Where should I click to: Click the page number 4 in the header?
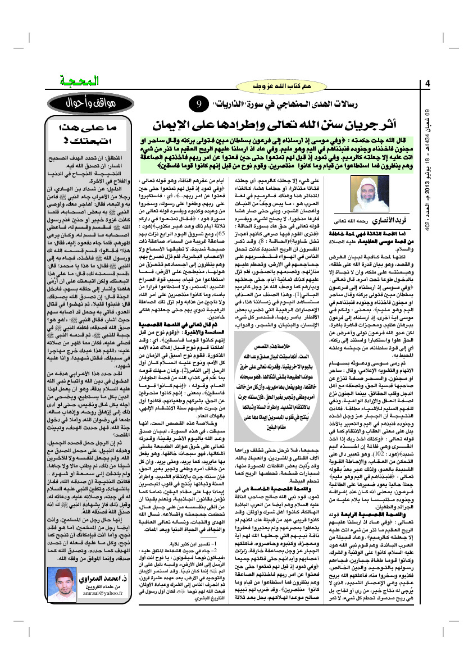click(427, 85)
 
